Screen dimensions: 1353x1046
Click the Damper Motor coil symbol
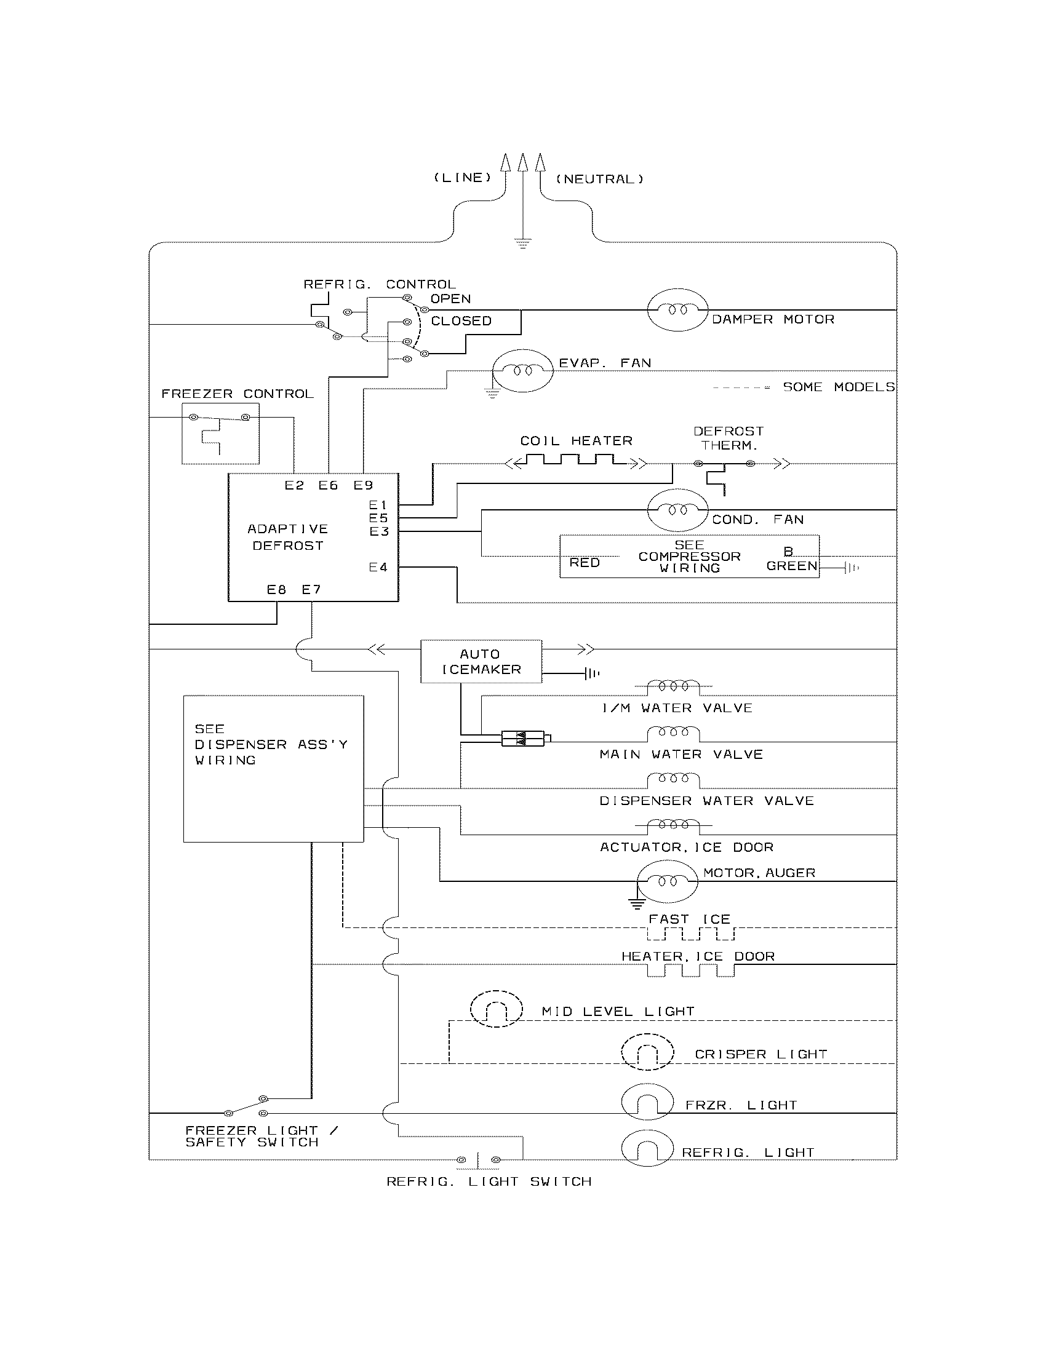coord(677,309)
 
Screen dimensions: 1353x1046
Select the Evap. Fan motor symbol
coord(522,370)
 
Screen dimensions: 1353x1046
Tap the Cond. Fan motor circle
coord(677,510)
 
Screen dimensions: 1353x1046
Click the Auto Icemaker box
coord(481,662)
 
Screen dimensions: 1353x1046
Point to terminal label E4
coord(378,567)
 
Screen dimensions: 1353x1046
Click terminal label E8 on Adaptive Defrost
coord(276,590)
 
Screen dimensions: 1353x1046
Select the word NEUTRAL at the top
coord(599,180)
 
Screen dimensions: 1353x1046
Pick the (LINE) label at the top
coord(462,178)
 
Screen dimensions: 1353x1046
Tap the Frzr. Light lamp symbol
coord(647,1102)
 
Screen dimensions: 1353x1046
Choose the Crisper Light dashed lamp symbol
coord(647,1052)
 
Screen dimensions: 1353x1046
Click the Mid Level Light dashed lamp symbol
coord(496,1009)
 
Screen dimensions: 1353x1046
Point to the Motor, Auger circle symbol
coord(667,881)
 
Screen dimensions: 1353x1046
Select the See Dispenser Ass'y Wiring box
coord(273,768)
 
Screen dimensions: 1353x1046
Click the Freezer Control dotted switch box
coord(220,433)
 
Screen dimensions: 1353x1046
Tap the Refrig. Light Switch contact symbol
coord(477,1159)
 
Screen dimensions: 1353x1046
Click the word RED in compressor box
coord(585,563)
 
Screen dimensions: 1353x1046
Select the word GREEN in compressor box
coord(791,566)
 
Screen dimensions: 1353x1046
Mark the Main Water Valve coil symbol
coord(673,734)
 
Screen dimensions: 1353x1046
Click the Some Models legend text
coord(839,387)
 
